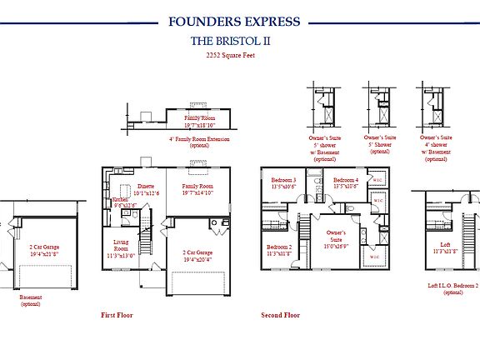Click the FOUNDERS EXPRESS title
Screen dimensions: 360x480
tap(240, 22)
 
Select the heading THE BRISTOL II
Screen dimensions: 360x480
tap(240, 41)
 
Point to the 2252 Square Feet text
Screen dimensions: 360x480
tap(240, 56)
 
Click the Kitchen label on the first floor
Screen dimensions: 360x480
tap(120, 202)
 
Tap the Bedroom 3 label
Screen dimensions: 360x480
tap(284, 183)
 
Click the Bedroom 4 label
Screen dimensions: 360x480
tap(346, 183)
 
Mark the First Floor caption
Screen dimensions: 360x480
tap(117, 316)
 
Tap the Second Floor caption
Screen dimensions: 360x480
tap(281, 316)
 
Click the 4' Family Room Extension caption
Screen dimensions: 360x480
tap(199, 142)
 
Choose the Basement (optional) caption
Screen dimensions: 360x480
tap(31, 300)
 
